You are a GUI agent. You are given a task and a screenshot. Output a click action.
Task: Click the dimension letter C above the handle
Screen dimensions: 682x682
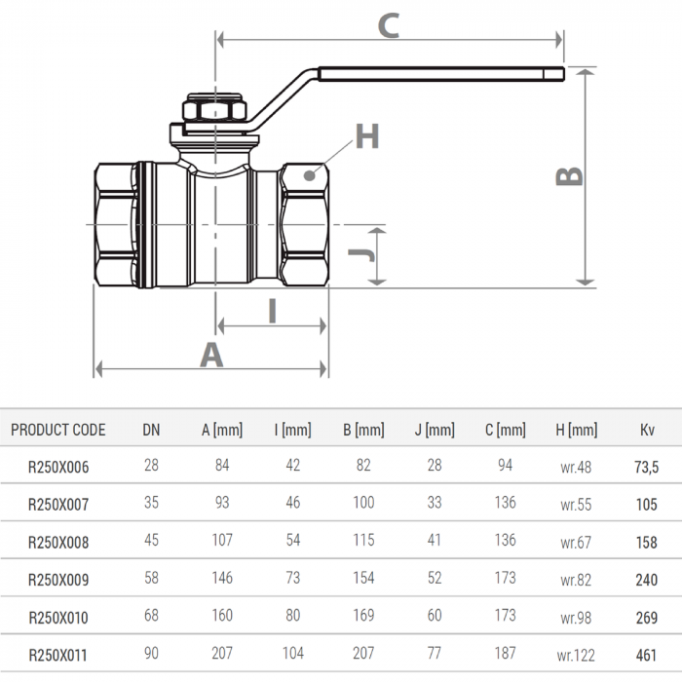coord(389,24)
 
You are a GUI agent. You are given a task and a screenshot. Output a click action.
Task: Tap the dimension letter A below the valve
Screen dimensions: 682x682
coord(211,355)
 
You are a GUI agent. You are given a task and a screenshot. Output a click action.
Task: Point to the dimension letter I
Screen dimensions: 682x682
coord(273,310)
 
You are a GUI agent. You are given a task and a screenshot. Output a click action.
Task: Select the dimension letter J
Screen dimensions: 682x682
coord(360,254)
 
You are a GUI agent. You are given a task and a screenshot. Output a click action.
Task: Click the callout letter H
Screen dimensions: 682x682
coord(366,137)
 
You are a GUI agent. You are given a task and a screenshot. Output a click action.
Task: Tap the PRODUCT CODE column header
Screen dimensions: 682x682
coord(58,430)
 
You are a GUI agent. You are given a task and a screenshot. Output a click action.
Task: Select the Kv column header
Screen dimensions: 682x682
coord(647,430)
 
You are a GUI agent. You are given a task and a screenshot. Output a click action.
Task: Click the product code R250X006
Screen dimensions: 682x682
coord(58,467)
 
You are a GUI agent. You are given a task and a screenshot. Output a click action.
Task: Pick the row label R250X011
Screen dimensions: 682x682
coord(58,655)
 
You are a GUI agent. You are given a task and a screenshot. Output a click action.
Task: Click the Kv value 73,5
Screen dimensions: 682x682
coord(647,467)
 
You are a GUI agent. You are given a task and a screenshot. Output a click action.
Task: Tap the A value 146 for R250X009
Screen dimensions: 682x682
coord(222,579)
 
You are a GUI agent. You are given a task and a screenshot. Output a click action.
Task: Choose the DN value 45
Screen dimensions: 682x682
coord(151,542)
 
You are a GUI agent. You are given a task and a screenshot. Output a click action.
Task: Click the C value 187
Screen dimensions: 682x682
coord(505,654)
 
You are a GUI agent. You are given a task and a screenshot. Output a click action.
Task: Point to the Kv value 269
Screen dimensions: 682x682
coord(647,617)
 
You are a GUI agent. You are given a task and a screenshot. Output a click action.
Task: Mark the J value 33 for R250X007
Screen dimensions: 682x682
coord(434,504)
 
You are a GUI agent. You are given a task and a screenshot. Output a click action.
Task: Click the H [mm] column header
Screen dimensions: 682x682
coord(576,430)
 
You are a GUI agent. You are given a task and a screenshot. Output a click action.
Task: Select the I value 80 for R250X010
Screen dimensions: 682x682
coord(292,616)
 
